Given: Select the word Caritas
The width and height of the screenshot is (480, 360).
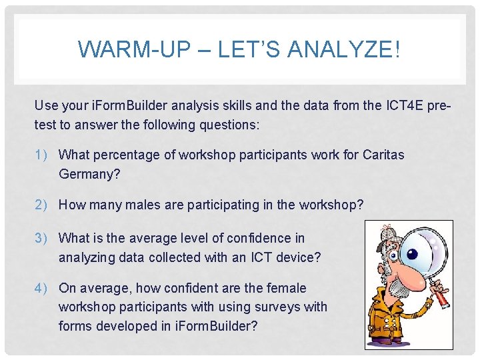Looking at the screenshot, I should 383,155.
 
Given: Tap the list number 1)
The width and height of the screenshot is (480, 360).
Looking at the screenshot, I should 44,155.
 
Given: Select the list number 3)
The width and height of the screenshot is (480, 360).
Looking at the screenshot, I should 44,238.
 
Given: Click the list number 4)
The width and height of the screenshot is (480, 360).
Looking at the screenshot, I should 44,288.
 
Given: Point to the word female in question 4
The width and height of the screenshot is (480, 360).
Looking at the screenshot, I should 283,288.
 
